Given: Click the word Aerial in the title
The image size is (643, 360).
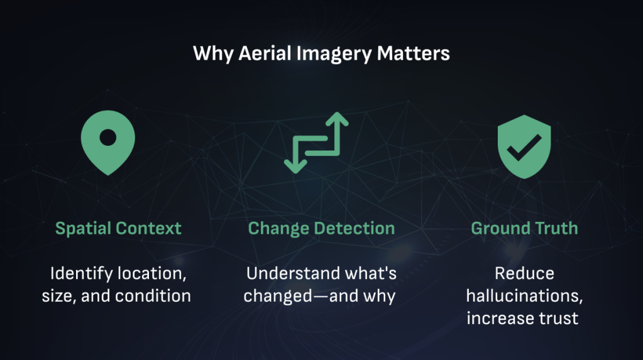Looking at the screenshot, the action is pos(265,53).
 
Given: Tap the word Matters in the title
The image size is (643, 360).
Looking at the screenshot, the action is pos(413,53).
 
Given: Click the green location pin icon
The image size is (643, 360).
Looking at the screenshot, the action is pos(108,142).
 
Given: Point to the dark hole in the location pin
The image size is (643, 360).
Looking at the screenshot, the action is pos(108,138).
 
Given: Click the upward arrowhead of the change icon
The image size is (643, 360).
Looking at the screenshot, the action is pos(337,119).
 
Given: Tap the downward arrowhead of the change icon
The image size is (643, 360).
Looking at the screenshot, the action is pos(295,166).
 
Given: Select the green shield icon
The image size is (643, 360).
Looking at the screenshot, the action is pos(524,146).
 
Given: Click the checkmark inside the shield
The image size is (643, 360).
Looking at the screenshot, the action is pos(524,148).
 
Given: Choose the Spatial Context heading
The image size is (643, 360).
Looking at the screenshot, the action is pos(118,229).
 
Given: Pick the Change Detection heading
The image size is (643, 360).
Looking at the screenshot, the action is pos(321,229).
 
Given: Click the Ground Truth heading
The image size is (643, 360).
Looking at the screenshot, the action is pos(524,229).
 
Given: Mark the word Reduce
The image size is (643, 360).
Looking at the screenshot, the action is pos(524,273).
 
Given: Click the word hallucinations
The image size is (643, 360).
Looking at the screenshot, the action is pos(524,296).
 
